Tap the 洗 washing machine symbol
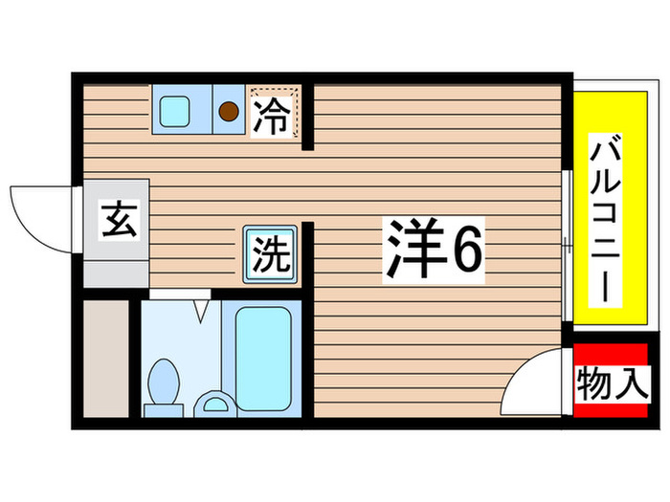tap(268, 254)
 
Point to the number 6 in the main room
tap(467, 251)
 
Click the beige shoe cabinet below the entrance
tap(105, 359)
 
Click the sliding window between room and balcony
tap(569, 247)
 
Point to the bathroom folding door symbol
tap(201, 308)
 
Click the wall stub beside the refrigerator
tap(308, 119)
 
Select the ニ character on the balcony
tap(605, 249)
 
